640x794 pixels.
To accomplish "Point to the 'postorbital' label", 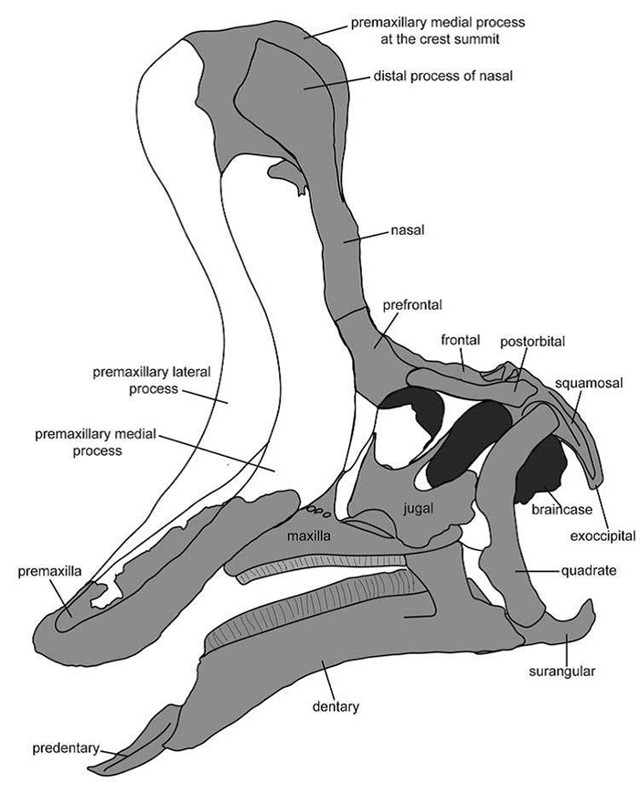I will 533,341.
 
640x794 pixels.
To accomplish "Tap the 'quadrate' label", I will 588,572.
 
